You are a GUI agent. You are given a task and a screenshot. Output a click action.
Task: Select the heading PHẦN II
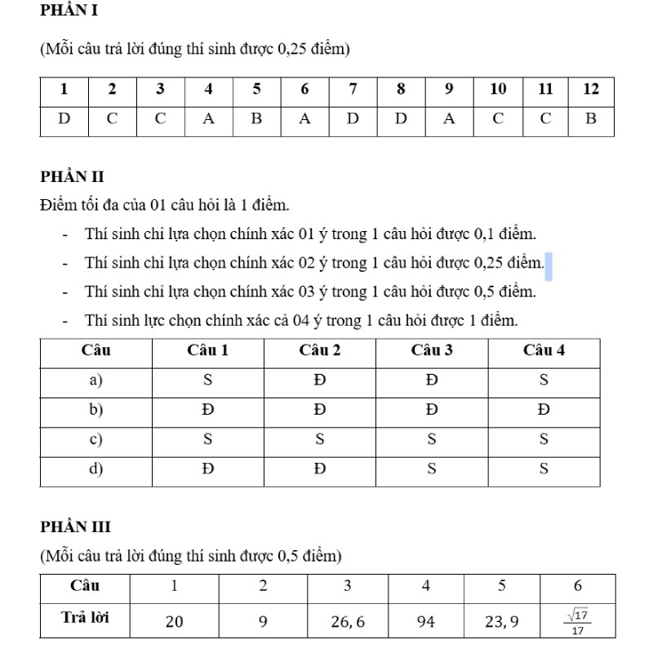(x=72, y=176)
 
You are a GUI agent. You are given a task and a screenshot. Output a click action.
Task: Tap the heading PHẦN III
(x=75, y=526)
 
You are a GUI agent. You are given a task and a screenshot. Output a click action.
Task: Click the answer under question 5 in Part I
(x=256, y=119)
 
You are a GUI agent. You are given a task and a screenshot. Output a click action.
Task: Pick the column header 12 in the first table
(x=591, y=89)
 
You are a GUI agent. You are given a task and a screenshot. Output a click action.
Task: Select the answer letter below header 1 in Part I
(x=64, y=119)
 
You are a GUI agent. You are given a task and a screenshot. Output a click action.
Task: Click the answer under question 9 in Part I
(x=449, y=119)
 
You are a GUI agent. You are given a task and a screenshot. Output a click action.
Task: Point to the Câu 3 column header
(x=432, y=351)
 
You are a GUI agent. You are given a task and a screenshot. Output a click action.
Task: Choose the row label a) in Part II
(x=96, y=381)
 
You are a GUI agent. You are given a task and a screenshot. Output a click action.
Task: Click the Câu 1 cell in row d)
(x=207, y=469)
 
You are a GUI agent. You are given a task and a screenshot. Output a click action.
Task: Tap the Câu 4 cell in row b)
(x=544, y=411)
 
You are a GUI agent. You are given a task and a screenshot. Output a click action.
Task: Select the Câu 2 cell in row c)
(x=320, y=440)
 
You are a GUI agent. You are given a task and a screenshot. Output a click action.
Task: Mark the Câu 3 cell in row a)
(x=432, y=381)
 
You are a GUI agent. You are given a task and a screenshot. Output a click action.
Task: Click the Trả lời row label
(x=87, y=618)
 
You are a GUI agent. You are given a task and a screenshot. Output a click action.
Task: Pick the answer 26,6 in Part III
(x=348, y=622)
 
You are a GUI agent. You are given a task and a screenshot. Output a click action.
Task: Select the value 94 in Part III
(x=426, y=622)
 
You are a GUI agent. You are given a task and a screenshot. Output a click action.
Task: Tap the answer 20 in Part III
(x=175, y=622)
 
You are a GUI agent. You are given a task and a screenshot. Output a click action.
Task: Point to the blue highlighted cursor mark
(x=549, y=266)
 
